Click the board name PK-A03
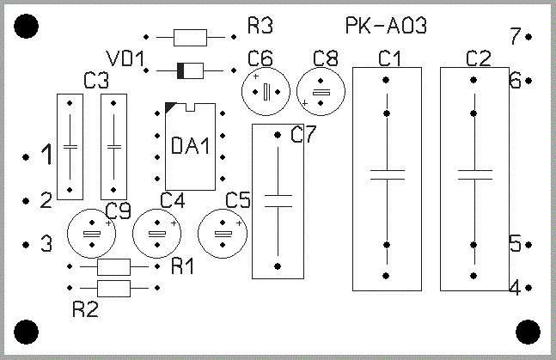(386, 26)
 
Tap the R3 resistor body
(190, 37)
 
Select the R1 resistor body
(113, 265)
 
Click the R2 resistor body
(113, 287)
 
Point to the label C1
(389, 58)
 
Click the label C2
(478, 58)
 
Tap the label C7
(303, 135)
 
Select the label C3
(96, 82)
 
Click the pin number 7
(515, 37)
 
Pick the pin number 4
(515, 287)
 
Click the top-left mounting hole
(27, 27)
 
